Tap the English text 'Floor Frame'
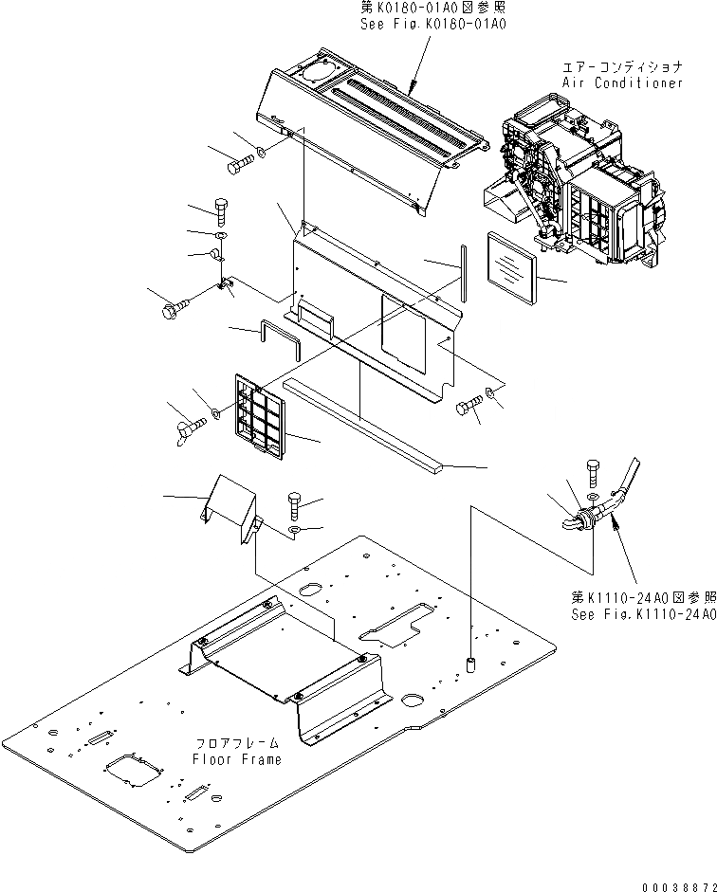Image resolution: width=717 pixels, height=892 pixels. click(236, 759)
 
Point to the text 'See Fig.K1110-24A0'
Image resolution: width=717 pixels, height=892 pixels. click(642, 614)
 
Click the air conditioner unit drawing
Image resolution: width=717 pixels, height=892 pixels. click(579, 180)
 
